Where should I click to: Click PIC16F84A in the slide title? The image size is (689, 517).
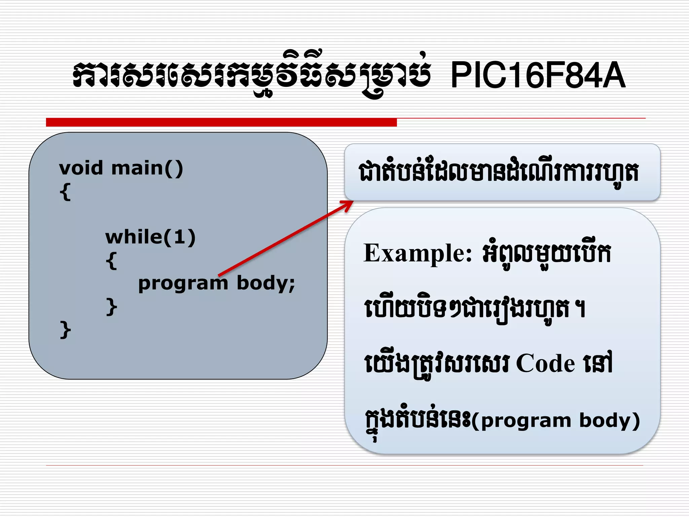538,75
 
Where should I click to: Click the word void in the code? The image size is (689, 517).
81,168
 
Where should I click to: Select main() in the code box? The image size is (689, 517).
147,168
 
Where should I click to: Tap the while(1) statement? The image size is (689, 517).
150,237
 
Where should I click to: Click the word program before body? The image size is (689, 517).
183,283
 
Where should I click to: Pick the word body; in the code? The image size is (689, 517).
266,283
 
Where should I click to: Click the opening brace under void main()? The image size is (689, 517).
65,192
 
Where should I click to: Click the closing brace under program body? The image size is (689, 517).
111,306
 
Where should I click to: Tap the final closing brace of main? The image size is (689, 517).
65,330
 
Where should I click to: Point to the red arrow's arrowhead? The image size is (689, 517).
348,204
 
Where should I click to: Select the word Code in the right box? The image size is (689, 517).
545,364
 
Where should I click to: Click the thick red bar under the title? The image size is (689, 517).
221,122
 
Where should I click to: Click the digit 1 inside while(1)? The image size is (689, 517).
179,237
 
